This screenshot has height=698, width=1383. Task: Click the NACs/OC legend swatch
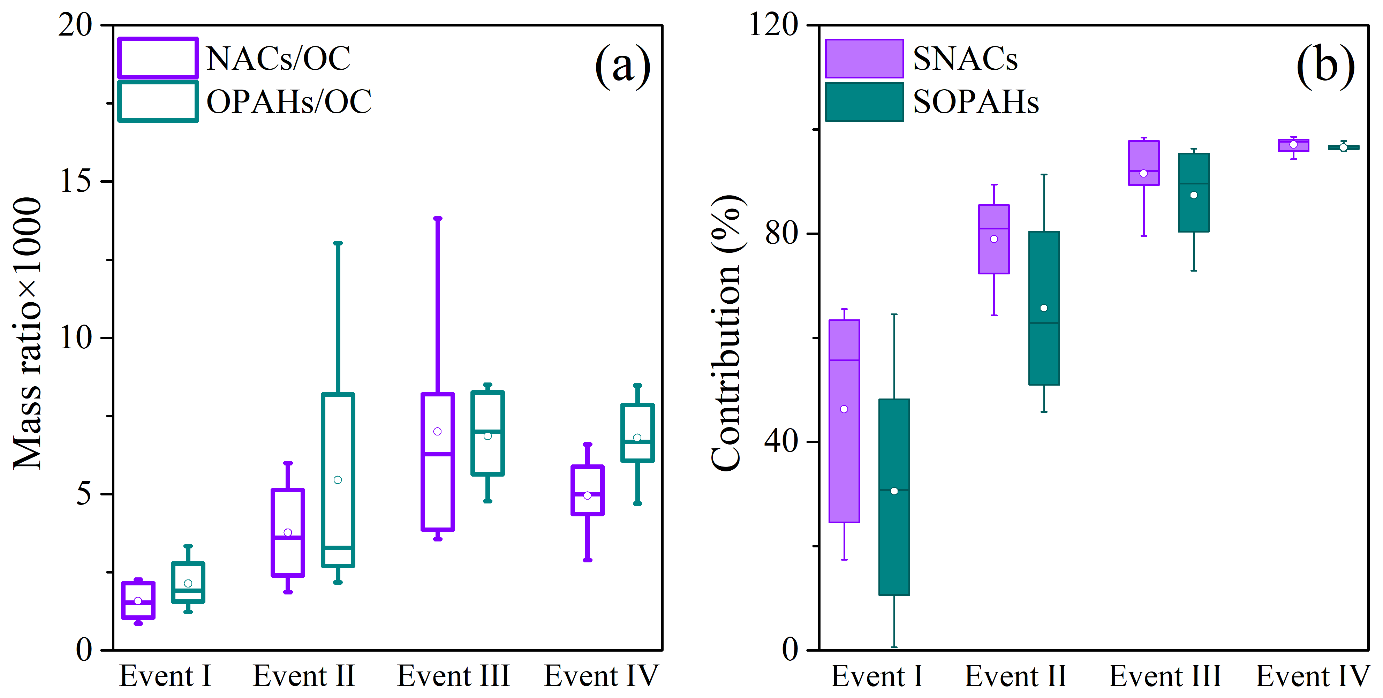(x=158, y=58)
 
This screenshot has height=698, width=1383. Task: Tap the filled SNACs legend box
(x=864, y=59)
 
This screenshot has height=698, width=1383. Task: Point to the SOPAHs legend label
(x=975, y=102)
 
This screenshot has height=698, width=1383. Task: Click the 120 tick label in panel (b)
(x=773, y=25)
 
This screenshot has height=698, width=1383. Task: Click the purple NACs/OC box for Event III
(x=438, y=483)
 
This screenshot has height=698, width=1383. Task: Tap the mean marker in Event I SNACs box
(x=844, y=409)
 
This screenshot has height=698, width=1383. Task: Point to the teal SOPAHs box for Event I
(x=894, y=537)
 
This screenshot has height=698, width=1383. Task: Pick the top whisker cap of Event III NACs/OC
(x=438, y=219)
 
